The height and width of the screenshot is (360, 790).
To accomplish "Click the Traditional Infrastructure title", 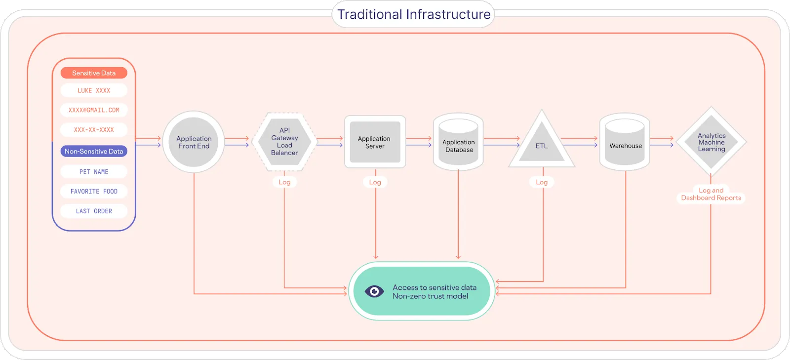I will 413,14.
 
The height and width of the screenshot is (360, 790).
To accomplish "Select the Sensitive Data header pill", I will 94,73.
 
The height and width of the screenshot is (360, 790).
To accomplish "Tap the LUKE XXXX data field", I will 94,90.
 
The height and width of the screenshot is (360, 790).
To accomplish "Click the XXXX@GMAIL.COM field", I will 94,110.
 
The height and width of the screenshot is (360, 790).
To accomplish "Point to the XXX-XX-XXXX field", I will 94,130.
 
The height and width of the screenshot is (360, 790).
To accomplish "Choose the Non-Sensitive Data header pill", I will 94,152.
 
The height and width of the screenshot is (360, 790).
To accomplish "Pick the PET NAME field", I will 94,172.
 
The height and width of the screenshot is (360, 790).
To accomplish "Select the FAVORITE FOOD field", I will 94,191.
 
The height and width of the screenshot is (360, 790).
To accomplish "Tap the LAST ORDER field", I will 94,211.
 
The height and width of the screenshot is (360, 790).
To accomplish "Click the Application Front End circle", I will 194,142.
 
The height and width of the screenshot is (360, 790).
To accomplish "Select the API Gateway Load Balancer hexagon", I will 284,142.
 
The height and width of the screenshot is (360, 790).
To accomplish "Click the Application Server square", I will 375,142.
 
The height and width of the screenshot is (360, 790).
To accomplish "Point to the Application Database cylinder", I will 459,143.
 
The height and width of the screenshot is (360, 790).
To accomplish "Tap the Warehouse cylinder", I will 625,144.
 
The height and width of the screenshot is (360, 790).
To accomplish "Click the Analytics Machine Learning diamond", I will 711,142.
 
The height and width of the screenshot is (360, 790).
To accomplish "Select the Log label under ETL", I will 542,182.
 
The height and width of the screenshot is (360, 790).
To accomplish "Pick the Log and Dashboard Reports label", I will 711,194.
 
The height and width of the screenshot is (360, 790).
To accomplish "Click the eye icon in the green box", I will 374,291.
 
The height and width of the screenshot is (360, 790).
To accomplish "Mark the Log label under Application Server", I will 375,182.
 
